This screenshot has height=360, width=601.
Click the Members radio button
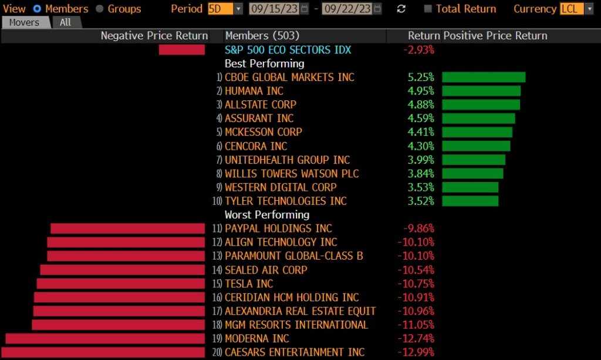click(37, 9)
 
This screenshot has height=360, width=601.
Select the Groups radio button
click(99, 9)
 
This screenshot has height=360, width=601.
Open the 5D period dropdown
click(225, 9)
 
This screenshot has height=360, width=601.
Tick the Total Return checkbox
click(428, 9)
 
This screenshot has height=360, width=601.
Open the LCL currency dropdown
click(576, 9)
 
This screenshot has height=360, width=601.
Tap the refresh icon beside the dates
click(401, 9)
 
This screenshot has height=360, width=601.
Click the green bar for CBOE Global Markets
click(484, 78)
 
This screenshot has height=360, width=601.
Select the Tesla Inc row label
click(249, 284)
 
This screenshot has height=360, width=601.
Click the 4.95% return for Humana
click(421, 91)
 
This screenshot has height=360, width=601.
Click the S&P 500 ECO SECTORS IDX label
click(288, 50)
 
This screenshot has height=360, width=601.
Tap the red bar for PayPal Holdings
click(127, 228)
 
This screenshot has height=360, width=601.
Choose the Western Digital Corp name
click(281, 187)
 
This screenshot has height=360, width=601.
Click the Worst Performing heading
click(266, 215)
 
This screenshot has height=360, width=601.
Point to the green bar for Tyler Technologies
click(470, 201)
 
